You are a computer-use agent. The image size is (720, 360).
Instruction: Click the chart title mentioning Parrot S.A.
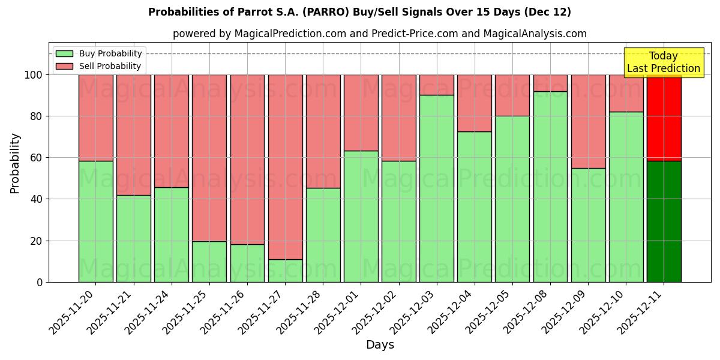(x=359, y=12)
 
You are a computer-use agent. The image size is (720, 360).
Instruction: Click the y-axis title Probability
(x=15, y=163)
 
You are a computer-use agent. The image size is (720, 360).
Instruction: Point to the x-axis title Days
(x=380, y=345)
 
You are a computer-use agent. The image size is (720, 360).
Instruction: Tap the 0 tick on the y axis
(x=40, y=282)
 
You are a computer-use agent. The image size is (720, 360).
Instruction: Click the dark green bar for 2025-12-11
(x=664, y=221)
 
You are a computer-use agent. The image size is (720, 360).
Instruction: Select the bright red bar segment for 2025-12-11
(x=664, y=118)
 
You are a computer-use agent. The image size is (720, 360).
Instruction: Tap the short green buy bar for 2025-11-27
(x=285, y=271)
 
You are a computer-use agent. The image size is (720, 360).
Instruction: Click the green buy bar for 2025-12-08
(x=550, y=187)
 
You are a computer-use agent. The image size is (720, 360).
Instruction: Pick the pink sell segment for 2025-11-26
(x=247, y=159)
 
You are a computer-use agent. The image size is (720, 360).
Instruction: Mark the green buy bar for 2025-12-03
(x=436, y=188)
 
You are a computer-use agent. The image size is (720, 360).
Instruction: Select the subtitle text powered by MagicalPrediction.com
(x=380, y=34)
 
